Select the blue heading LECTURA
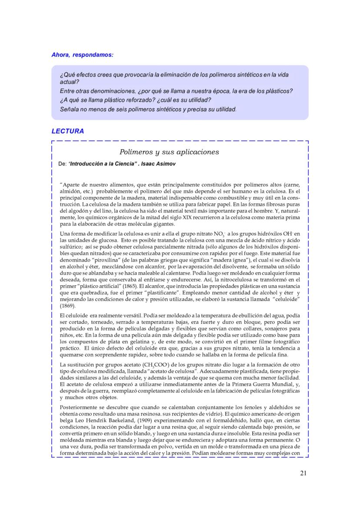[67, 131]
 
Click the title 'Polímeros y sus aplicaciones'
[169, 152]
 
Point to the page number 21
[303, 473]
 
